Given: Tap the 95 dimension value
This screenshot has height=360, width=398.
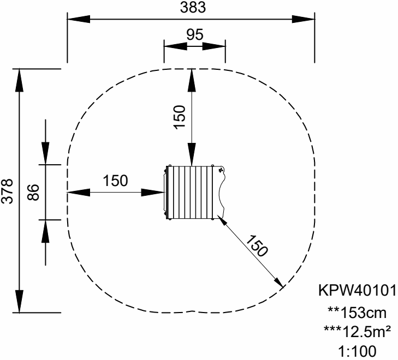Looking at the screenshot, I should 195,34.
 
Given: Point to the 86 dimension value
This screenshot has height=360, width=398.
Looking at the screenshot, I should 33,191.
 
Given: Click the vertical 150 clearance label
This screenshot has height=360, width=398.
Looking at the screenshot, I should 181,115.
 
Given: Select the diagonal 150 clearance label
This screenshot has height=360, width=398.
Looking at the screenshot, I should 256,246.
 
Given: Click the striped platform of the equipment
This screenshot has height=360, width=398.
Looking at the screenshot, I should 192,191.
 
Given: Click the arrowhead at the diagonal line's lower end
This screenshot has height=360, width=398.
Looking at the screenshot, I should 279,283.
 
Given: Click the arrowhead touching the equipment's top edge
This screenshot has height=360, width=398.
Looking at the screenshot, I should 192,158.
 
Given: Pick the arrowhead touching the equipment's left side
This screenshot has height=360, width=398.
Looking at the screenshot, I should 156,192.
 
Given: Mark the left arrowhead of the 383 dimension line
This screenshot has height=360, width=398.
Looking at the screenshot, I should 76,19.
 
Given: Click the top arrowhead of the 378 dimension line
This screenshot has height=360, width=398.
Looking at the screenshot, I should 20,78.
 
